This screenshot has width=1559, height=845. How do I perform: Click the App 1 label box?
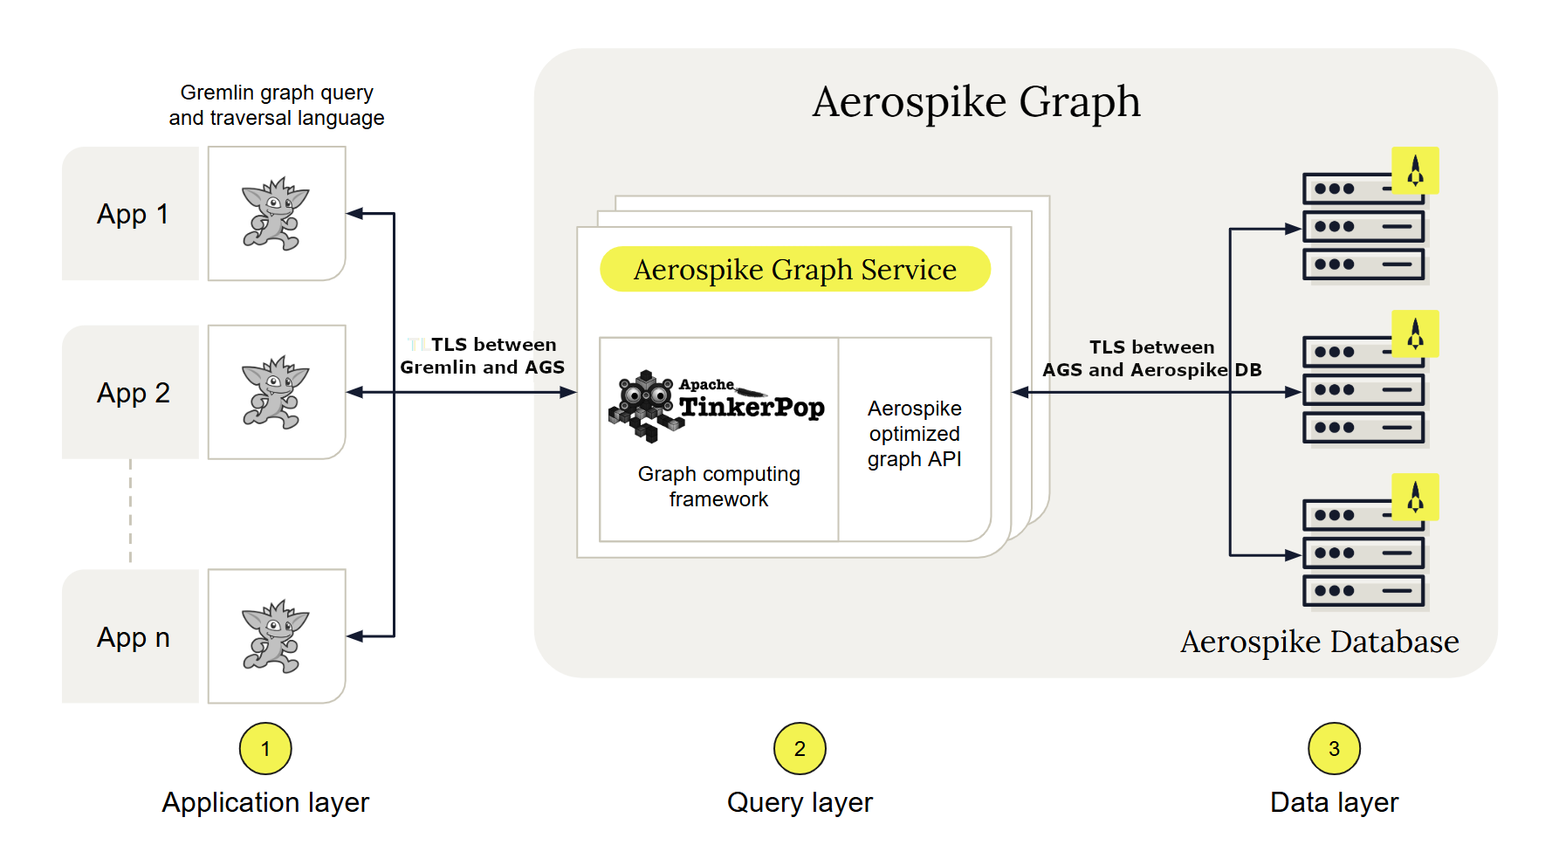[x=131, y=214]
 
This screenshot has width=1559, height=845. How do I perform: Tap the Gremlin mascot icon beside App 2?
[x=276, y=392]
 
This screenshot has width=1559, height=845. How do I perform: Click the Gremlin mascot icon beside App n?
[x=276, y=636]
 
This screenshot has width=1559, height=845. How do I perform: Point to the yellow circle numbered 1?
[x=265, y=749]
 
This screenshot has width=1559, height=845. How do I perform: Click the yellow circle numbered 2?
[x=800, y=749]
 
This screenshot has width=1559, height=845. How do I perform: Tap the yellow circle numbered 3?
[x=1334, y=749]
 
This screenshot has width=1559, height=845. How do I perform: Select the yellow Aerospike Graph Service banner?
[x=795, y=269]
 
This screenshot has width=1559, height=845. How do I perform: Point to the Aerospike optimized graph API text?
[x=914, y=434]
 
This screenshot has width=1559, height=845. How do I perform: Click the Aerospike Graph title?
[x=976, y=102]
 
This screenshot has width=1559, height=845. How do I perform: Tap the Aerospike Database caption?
[x=1319, y=642]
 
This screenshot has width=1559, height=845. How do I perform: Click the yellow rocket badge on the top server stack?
[x=1415, y=170]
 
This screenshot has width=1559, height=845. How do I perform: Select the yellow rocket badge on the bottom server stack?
[x=1415, y=498]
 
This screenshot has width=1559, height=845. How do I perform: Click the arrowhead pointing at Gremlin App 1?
[x=354, y=213]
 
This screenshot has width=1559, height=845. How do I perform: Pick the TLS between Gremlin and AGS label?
[x=483, y=356]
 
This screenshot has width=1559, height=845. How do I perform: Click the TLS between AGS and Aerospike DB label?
[x=1151, y=359]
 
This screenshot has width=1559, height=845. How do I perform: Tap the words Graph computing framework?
[x=718, y=486]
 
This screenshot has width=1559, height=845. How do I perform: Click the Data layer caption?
[x=1334, y=802]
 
